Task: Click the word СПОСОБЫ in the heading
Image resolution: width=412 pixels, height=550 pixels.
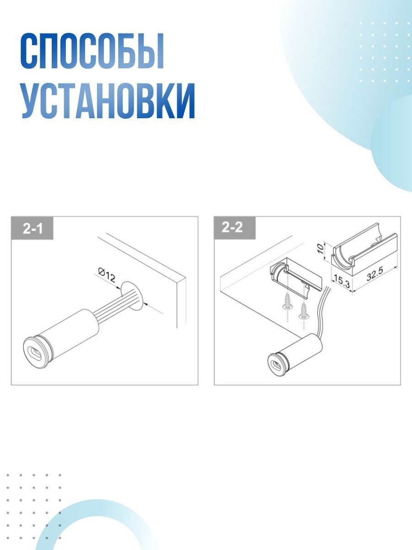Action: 92,51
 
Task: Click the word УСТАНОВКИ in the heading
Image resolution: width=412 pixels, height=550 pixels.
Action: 108,102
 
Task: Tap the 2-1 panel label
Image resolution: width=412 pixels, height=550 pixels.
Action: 33,228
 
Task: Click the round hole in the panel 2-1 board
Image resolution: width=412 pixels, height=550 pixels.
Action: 133,293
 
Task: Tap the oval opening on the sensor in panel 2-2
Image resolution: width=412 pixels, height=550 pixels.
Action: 276,364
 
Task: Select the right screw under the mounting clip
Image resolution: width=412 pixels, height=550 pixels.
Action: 303,313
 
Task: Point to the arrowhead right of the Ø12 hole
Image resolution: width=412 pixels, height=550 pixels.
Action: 146,302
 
